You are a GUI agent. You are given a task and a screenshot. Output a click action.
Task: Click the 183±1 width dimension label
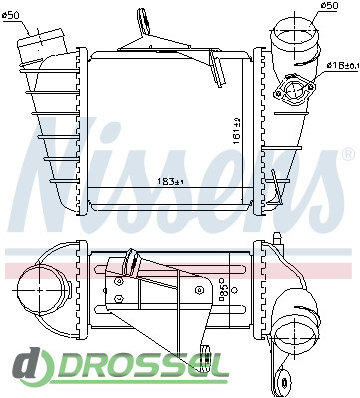[x=171, y=182]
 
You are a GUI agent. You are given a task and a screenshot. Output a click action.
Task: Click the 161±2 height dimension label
[x=237, y=131]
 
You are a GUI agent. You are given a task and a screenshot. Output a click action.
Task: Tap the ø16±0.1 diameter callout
[x=343, y=66]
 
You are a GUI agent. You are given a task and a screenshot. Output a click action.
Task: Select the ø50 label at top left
[x=11, y=15]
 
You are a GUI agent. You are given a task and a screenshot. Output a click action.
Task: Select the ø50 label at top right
[x=329, y=5]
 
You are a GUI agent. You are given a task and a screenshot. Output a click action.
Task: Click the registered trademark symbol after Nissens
[x=347, y=155]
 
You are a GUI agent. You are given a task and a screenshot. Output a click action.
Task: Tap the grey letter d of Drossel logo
[x=28, y=363]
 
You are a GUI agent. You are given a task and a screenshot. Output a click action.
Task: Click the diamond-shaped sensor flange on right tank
[x=294, y=91]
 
